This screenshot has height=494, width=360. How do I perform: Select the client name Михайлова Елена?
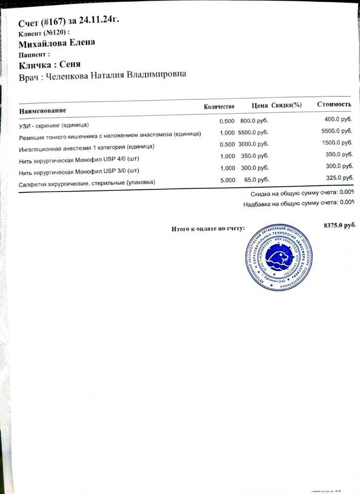pyautogui.click(x=57, y=43)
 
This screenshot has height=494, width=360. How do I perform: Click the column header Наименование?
pyautogui.click(x=43, y=111)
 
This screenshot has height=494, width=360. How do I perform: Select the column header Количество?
pyautogui.click(x=219, y=107)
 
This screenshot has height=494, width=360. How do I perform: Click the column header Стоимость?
pyautogui.click(x=334, y=104)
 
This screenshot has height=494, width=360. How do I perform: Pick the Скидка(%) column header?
pyautogui.click(x=286, y=105)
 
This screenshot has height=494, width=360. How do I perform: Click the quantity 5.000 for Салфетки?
pyautogui.click(x=227, y=180)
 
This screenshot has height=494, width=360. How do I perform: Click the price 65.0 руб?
pyautogui.click(x=257, y=180)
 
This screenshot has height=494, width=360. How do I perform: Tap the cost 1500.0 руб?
pyautogui.click(x=337, y=143)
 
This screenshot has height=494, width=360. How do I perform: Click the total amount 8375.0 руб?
pyautogui.click(x=339, y=225)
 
